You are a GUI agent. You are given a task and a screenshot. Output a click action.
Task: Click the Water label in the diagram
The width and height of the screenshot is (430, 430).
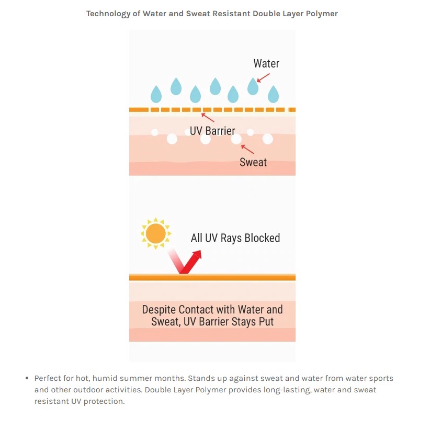(x=266, y=64)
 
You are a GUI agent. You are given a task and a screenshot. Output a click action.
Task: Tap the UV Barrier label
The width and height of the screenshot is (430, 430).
(x=212, y=130)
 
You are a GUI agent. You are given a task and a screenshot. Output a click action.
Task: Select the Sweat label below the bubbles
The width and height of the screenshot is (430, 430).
(x=253, y=162)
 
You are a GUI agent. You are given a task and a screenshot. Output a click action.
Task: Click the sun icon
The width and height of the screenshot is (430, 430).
(x=155, y=233)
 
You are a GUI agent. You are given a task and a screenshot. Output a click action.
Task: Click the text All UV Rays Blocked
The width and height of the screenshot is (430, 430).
(x=235, y=238)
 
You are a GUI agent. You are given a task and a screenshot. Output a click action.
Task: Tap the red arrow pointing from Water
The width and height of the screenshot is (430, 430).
(x=263, y=77)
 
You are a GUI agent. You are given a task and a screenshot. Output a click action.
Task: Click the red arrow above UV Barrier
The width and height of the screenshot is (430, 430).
(x=208, y=118)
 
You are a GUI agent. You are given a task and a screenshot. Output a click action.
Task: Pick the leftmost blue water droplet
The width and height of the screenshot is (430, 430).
(x=156, y=95)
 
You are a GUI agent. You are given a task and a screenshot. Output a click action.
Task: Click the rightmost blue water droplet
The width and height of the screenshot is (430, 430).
(x=273, y=95)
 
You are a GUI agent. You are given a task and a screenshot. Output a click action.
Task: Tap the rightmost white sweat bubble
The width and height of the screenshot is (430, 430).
(x=268, y=139)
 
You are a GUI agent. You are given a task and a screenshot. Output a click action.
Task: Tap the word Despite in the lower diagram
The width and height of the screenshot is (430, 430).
(x=159, y=309)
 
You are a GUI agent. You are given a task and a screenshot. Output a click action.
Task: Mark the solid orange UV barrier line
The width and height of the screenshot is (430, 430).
(x=212, y=277)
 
